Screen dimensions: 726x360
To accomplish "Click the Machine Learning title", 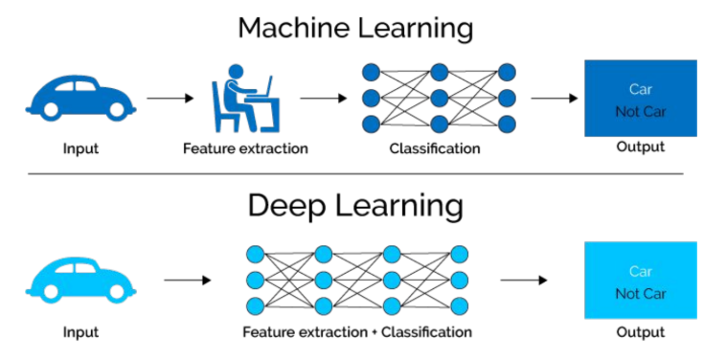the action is tap(355, 29).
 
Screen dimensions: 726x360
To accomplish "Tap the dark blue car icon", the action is tap(81, 97).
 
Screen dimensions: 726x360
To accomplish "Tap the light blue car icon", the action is tap(81, 279).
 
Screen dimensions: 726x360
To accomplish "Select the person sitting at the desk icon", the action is tap(245, 98).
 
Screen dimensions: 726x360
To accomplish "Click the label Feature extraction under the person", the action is tap(245, 149).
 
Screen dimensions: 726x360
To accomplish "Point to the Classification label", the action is tap(435, 149).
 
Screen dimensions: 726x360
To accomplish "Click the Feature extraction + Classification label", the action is tap(357, 332).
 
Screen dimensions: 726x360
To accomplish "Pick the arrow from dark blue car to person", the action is tap(170, 98).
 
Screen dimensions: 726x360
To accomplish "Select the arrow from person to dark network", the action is tap(323, 98).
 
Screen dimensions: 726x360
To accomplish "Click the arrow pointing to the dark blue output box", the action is tap(555, 98).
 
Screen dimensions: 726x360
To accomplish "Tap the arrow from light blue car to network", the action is tap(188, 281).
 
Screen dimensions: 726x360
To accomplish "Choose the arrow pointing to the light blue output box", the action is tap(524, 281).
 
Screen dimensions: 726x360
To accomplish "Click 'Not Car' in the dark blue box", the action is tap(641, 112).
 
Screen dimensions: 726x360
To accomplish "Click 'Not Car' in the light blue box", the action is tap(641, 294).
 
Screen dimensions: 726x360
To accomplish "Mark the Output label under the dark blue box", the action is tap(641, 147).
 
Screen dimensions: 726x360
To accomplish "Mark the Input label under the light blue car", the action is tap(81, 332).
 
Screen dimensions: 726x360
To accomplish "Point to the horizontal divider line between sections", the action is tap(355, 174).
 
